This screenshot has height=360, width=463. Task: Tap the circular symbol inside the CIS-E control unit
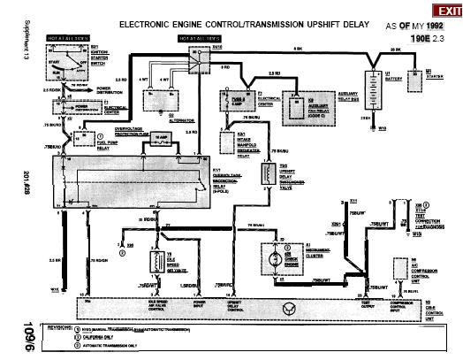(282, 309)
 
